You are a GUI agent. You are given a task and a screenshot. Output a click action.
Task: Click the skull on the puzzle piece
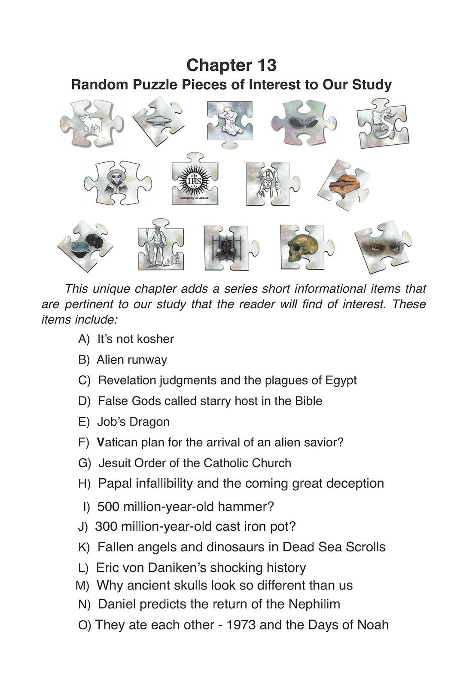click(302, 248)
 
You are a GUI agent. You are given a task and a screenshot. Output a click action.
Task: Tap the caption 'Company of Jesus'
click(194, 198)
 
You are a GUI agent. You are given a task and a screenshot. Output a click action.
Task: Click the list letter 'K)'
click(84, 547)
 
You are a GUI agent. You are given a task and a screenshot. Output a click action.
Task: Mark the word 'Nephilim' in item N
click(314, 604)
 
